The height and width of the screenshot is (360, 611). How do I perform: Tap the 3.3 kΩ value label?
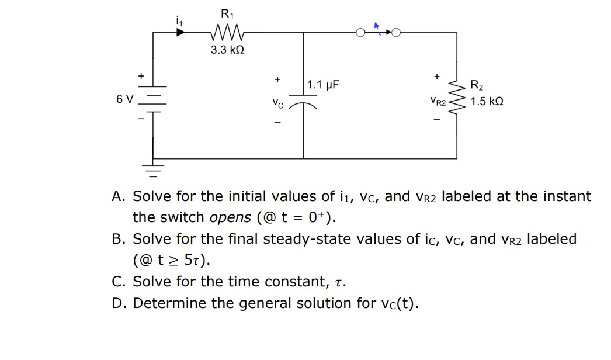227,50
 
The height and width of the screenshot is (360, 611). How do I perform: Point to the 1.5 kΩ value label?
487,101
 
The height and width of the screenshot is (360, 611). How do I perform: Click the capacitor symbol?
303,103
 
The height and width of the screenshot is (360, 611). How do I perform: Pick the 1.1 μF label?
324,85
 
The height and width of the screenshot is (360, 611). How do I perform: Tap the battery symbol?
153,99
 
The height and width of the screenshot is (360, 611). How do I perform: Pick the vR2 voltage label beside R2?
438,102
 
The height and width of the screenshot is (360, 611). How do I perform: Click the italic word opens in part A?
230,217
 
